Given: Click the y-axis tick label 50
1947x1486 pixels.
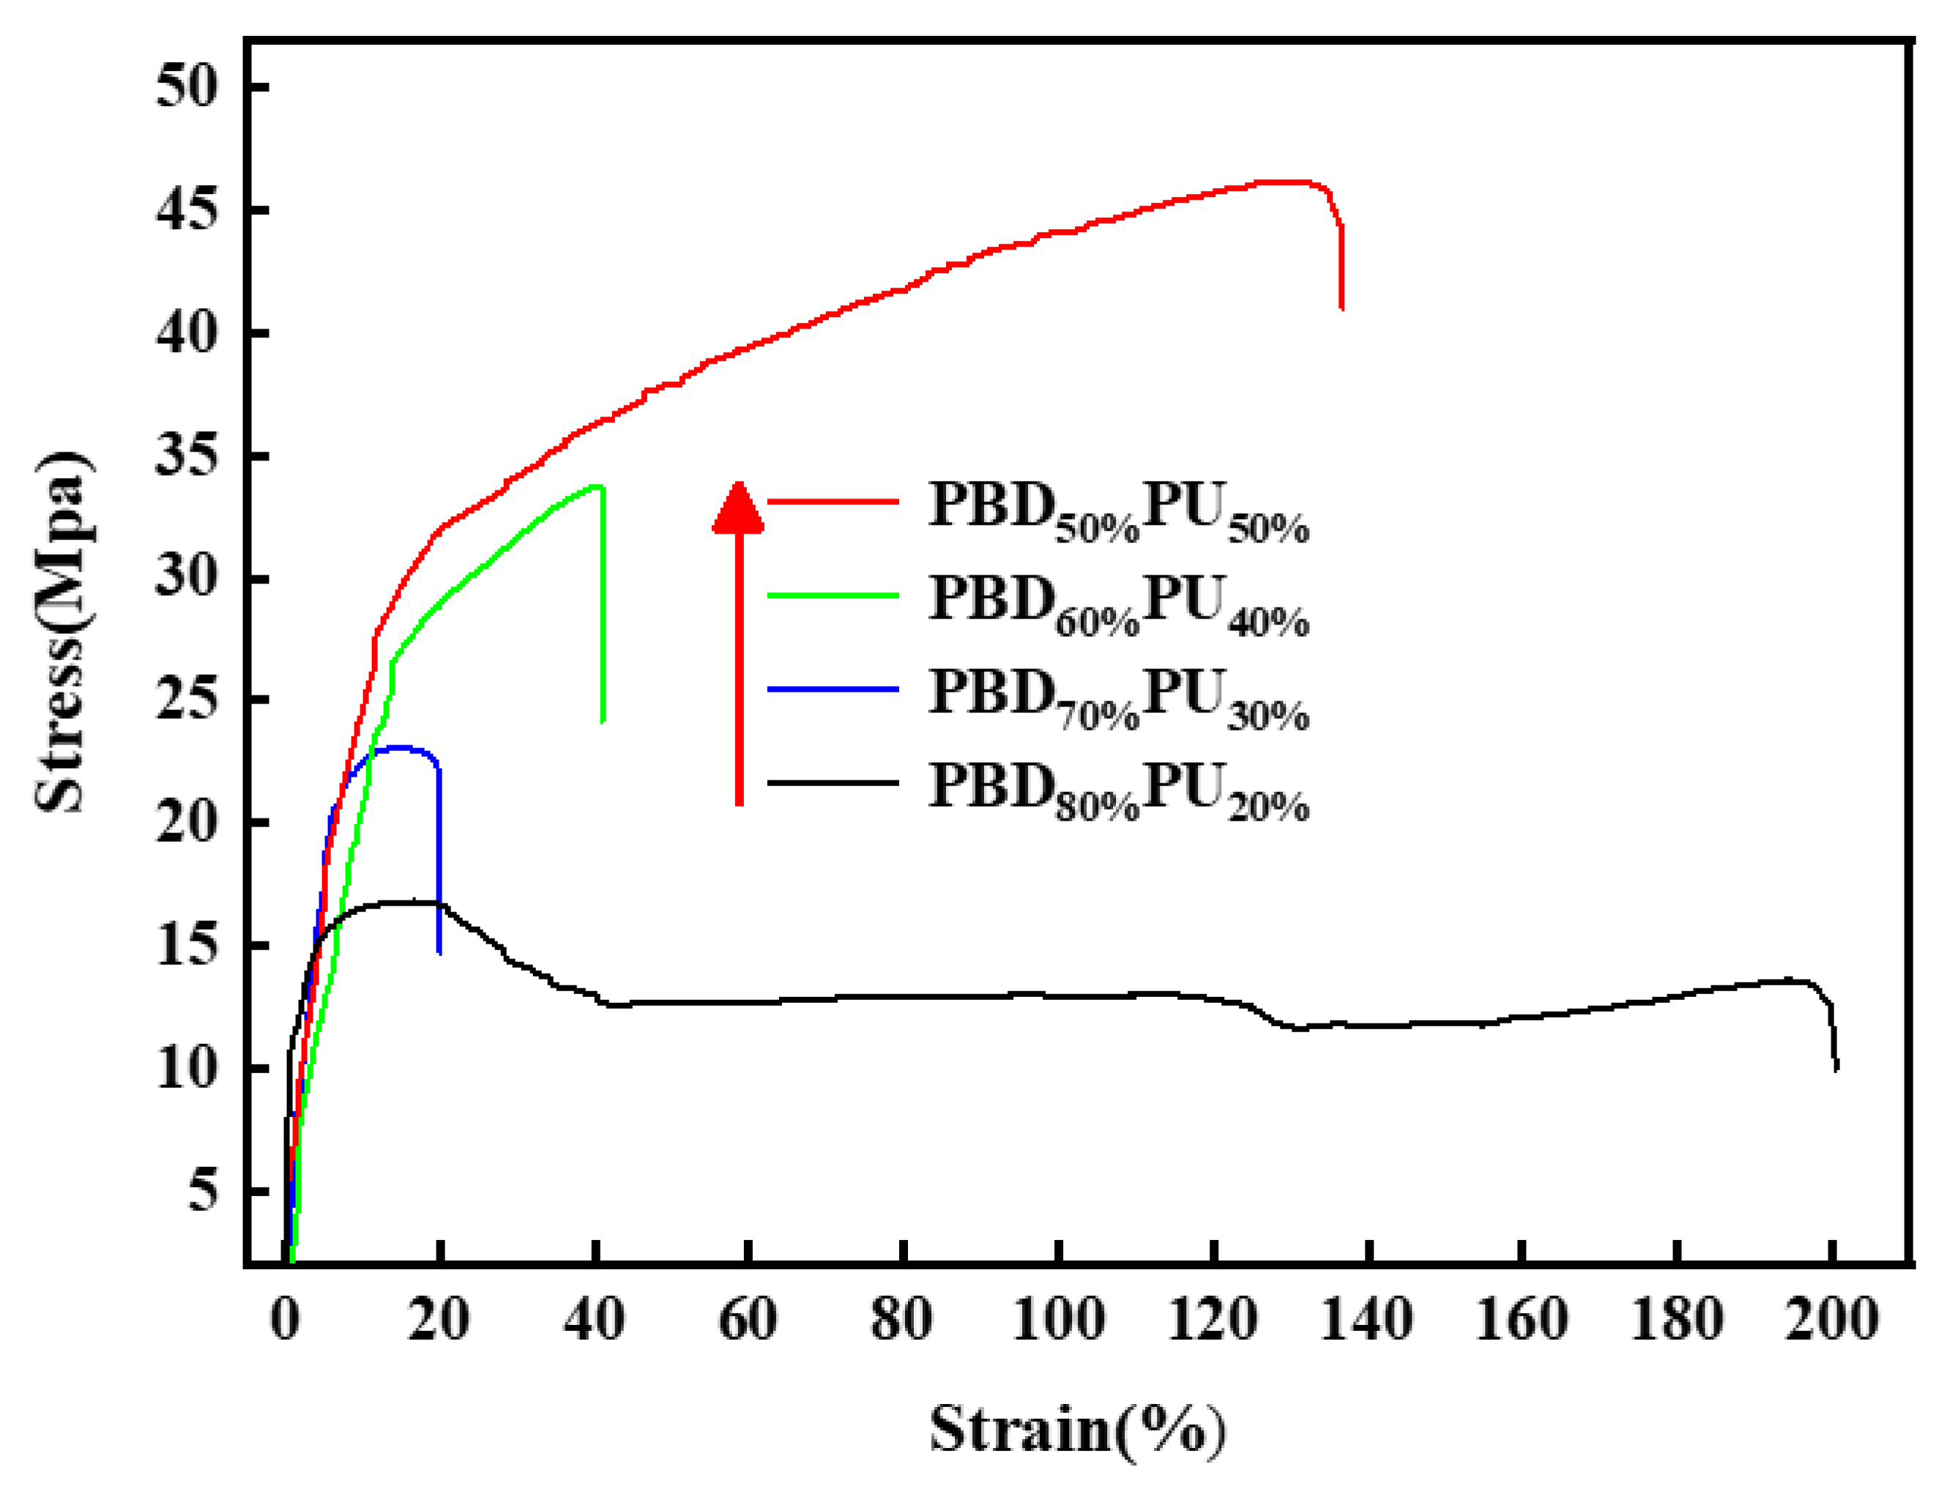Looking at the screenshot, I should click(x=187, y=88).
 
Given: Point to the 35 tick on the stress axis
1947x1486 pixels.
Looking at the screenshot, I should click(x=187, y=458).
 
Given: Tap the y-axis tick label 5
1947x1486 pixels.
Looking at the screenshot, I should click(x=203, y=1192).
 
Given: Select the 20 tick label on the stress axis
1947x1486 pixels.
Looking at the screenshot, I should click(x=187, y=823).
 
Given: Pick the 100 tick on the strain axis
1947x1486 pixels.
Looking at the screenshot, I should click(x=1058, y=1320).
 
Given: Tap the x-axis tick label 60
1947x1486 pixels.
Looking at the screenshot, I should click(x=748, y=1320).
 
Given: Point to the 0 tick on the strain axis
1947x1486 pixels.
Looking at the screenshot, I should click(x=285, y=1320).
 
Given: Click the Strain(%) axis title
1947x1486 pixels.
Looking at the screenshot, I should click(x=1077, y=1430).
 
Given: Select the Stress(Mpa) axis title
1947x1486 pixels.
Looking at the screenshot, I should click(x=64, y=632).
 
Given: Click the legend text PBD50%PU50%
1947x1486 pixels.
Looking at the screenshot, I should click(x=1118, y=510).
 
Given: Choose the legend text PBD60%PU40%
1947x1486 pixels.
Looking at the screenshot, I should click(x=1118, y=604).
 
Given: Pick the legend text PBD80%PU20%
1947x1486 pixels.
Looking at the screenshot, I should click(x=1118, y=791).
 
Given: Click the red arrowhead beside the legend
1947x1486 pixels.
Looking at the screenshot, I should click(x=739, y=509).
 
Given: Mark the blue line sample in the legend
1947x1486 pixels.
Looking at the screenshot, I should click(x=833, y=688).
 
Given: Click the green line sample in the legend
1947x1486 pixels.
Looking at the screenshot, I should click(x=833, y=595).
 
